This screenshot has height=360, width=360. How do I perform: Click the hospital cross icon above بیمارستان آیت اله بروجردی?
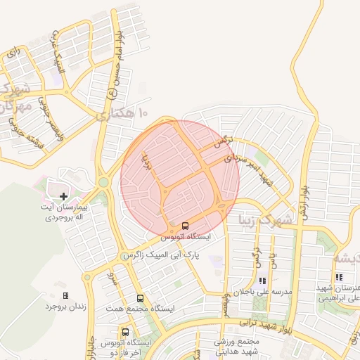(64, 196)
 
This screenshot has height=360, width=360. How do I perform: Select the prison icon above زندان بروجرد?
(66, 295)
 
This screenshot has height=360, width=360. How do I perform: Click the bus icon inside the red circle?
(185, 226)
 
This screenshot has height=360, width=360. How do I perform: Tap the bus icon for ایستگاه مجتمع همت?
(140, 298)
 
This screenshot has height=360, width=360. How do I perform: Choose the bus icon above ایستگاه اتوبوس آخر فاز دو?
(125, 331)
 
